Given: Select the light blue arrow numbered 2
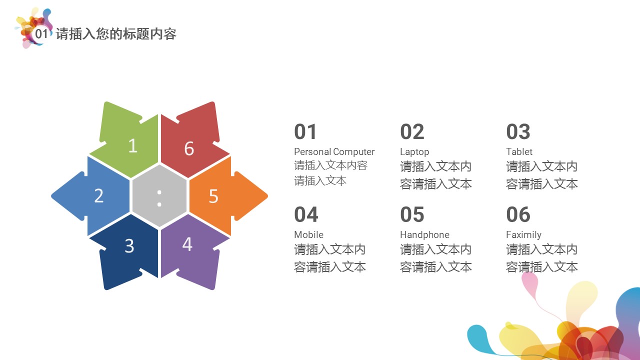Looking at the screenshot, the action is [x=91, y=196].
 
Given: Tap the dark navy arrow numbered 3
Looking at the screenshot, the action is [x=127, y=251].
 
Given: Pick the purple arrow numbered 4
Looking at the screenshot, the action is [x=191, y=251].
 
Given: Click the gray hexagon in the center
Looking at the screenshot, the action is [x=159, y=196].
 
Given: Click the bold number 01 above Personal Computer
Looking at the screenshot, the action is [x=305, y=131].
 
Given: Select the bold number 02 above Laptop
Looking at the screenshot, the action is [x=412, y=131].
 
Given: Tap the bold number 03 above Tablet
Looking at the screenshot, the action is [x=518, y=131].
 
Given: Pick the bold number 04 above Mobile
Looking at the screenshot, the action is [x=306, y=214].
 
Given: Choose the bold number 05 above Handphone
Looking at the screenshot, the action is [x=412, y=214].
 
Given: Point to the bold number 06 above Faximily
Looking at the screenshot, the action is [x=518, y=214].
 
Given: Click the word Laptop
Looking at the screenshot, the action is [x=414, y=152].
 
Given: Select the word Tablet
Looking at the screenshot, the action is [x=519, y=151].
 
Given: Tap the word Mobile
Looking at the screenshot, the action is [x=309, y=234].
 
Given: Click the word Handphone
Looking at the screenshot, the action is [x=424, y=235].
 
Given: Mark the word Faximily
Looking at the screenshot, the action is [x=523, y=235].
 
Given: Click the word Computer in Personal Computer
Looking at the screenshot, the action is [x=353, y=152].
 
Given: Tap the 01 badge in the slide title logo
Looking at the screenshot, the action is [x=41, y=33].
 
